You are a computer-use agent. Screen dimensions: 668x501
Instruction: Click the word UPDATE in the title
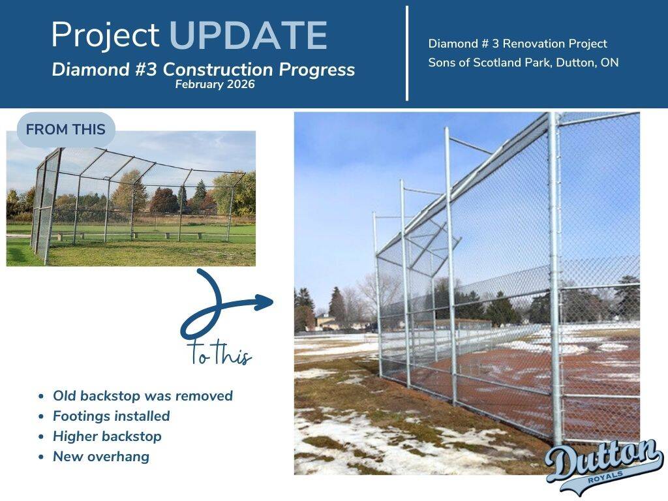pos(249,35)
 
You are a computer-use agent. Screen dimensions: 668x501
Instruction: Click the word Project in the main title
pos(105,35)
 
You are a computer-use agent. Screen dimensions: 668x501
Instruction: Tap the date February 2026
pos(215,84)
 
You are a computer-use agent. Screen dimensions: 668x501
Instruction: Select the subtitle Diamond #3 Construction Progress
pos(204,69)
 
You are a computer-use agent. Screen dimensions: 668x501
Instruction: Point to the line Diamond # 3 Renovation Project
pos(517,44)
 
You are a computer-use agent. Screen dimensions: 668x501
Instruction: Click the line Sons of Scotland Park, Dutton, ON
pos(523,63)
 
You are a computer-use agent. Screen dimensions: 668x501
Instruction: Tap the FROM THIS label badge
pos(66,130)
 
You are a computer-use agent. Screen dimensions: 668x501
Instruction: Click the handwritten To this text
pos(219,353)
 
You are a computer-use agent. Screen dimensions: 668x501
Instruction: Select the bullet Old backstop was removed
pos(143,396)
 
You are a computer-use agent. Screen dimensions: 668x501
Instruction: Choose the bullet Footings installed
pos(111,416)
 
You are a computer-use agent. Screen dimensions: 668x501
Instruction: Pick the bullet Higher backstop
pos(108,436)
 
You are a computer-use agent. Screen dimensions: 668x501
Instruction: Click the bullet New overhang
pos(101,457)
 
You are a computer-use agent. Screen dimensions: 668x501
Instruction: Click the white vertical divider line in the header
pos(407,53)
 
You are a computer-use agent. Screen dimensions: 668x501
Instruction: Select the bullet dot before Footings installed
pos(41,416)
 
